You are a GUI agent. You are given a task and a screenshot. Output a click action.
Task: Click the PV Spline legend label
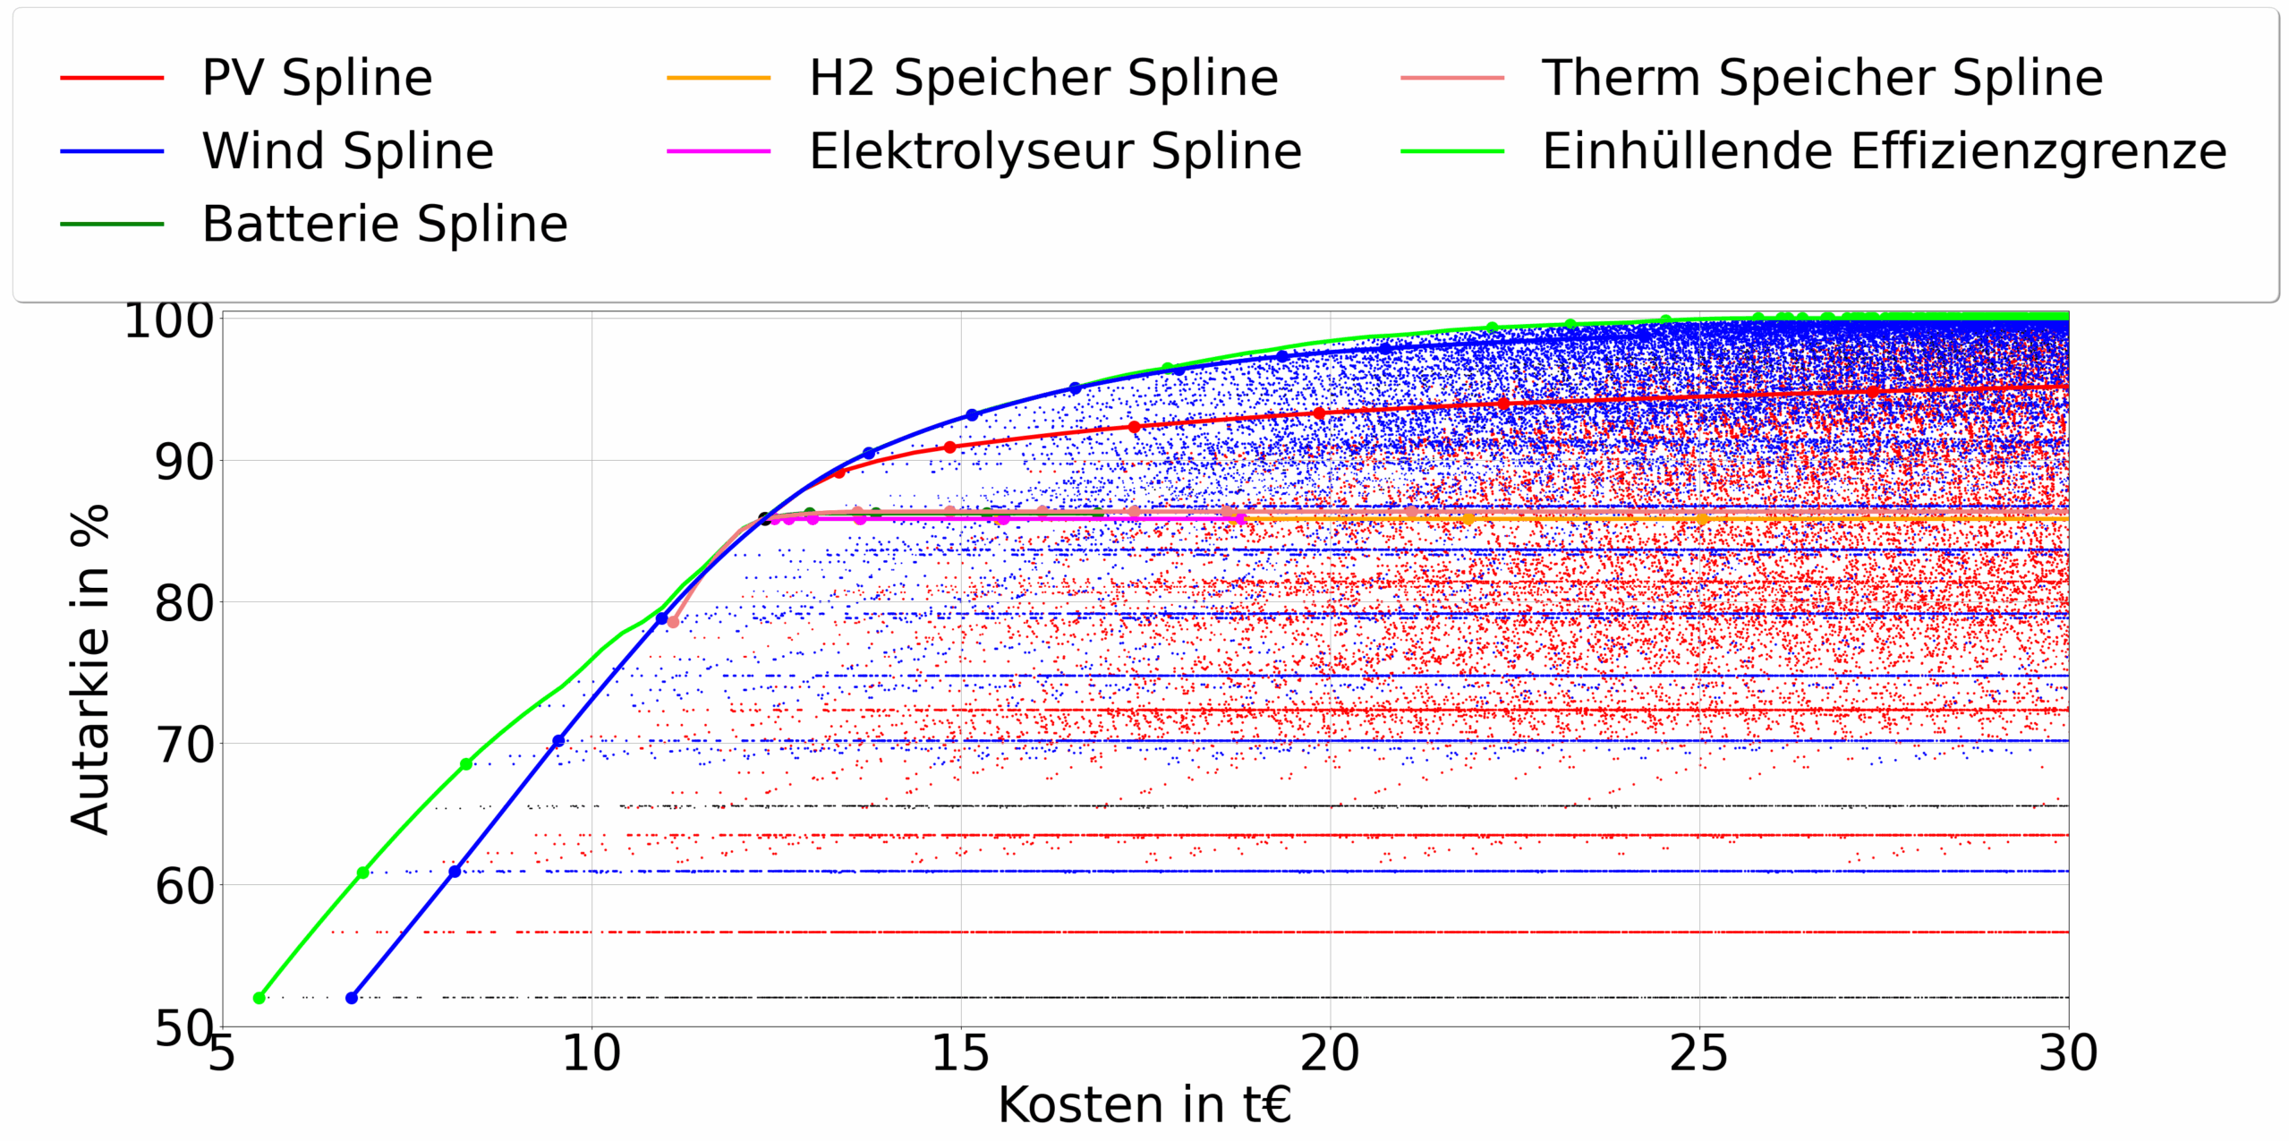point(317,78)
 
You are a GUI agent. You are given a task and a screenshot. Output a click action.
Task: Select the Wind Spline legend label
point(347,151)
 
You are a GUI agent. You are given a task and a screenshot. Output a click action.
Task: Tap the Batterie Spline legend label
point(385,224)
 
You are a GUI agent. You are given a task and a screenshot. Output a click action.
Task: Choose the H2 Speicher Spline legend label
point(1043,78)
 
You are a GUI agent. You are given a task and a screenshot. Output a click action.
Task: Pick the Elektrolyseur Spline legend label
point(1055,151)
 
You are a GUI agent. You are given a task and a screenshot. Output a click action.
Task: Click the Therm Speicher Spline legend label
point(1822,78)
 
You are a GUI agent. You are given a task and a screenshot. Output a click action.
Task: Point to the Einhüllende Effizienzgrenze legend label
point(1884,151)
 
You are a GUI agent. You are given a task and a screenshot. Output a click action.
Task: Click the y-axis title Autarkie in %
point(90,669)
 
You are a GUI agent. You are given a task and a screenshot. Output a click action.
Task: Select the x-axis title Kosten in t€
point(1144,1105)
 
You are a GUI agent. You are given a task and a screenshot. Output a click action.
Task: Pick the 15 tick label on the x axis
point(960,1053)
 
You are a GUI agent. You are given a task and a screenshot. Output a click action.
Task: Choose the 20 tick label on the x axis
point(1330,1053)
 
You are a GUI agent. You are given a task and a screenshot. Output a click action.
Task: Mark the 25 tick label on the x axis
point(1698,1053)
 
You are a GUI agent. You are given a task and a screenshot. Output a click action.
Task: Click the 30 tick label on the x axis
point(2067,1053)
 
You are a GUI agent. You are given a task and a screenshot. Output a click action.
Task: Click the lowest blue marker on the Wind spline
point(352,998)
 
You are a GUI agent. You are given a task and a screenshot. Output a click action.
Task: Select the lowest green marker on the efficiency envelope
point(260,998)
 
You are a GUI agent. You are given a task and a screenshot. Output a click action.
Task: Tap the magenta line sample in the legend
point(718,151)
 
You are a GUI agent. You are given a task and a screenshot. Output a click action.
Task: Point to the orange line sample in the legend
point(718,78)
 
